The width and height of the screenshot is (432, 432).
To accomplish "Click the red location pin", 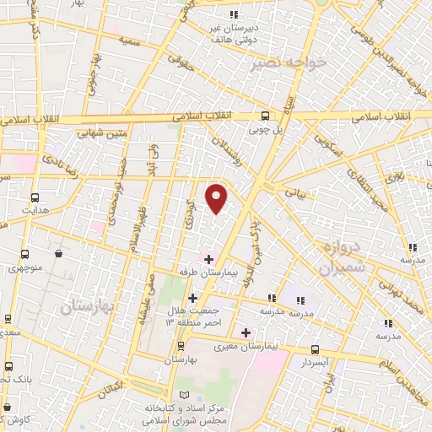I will tap(218, 197).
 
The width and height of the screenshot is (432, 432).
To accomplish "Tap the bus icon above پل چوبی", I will tap(265, 117).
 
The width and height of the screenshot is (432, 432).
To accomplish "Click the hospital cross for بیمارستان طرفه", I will tap(209, 257).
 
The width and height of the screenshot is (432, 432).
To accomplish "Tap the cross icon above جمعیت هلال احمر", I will tap(193, 298).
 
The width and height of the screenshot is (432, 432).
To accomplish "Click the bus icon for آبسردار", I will tap(315, 348).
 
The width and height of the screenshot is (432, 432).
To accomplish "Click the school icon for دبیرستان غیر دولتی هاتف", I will tap(234, 14).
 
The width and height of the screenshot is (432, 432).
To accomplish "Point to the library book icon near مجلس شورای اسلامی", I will tap(186, 394).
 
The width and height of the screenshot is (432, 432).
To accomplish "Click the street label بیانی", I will tap(294, 192).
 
